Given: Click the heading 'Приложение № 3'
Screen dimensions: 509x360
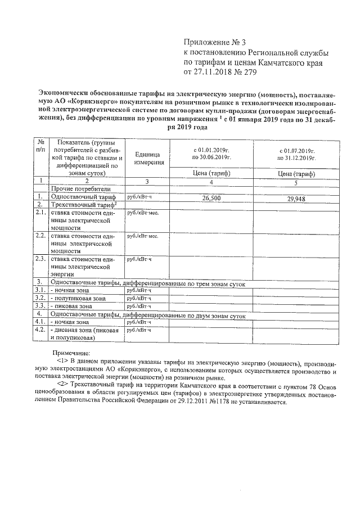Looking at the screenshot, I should pos(215,42).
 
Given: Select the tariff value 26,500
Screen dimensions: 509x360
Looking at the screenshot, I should pos(210,199).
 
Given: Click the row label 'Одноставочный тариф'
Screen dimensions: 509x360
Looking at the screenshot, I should pos(83,197).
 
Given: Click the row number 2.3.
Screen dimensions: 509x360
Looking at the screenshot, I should pos(40,259).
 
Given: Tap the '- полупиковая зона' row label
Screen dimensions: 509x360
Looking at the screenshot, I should pos(79,298).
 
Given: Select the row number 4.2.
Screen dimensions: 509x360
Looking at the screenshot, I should pos(40,330).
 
